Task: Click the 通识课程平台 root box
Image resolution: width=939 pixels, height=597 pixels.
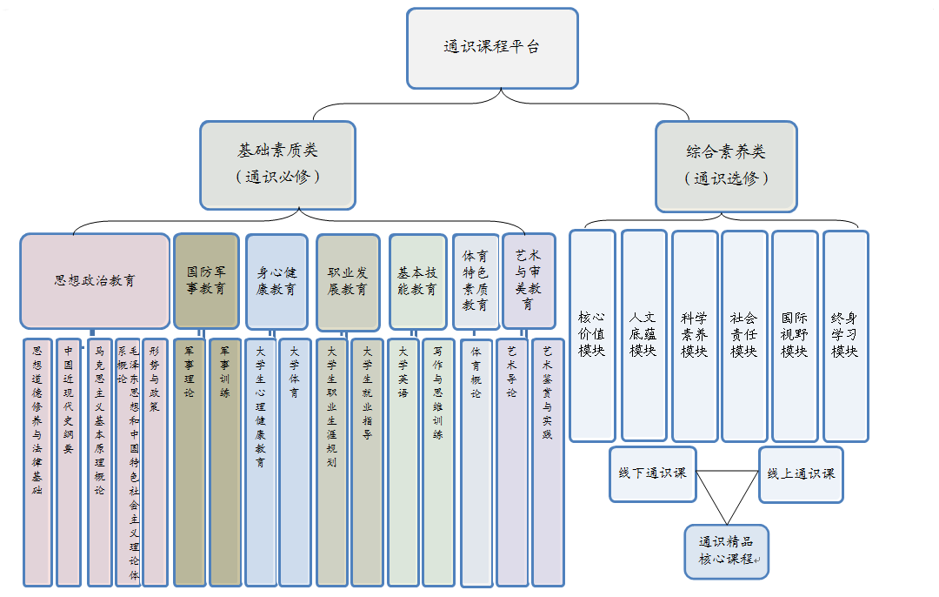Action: click(x=492, y=48)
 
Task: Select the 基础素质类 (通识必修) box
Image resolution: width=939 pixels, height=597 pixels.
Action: click(x=277, y=164)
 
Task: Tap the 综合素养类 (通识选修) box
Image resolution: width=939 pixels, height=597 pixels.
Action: click(x=726, y=165)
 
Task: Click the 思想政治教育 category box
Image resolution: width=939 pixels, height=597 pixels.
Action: click(x=95, y=281)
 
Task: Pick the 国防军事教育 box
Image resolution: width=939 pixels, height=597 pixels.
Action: click(x=206, y=280)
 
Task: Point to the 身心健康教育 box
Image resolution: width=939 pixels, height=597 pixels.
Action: click(x=276, y=280)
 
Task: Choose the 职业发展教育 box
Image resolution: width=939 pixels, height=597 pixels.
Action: click(x=348, y=280)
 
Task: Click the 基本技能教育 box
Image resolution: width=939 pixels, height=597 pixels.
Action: click(x=418, y=280)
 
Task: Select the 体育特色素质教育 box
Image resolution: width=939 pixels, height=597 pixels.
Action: click(x=476, y=280)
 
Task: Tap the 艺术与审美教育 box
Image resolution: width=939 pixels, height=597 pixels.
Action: click(x=529, y=280)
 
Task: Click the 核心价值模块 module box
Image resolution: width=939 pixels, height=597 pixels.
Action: click(x=592, y=335)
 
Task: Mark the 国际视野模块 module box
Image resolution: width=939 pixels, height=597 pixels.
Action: click(x=794, y=335)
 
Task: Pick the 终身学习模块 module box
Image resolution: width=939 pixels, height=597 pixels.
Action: click(x=845, y=335)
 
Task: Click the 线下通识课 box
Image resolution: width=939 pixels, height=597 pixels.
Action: click(x=653, y=473)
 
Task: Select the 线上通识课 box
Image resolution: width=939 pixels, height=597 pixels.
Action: click(x=801, y=473)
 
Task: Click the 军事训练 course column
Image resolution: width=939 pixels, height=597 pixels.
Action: click(x=225, y=461)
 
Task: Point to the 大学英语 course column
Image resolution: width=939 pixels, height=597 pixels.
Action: click(x=403, y=461)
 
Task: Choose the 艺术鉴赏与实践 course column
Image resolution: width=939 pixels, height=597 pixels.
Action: click(x=548, y=461)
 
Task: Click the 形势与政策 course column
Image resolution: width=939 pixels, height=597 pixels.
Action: click(x=155, y=461)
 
